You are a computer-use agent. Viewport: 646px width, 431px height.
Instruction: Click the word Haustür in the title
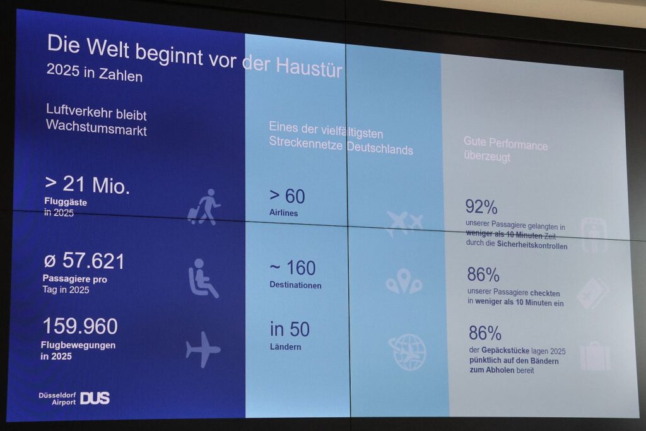click(309, 66)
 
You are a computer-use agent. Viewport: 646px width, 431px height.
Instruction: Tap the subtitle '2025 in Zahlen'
click(95, 73)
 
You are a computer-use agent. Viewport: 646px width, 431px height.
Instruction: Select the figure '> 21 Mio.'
click(87, 185)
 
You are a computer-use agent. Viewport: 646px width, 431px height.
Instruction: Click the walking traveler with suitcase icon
click(204, 207)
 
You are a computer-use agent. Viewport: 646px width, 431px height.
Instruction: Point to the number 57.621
click(93, 261)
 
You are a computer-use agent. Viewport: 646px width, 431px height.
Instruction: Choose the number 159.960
click(80, 326)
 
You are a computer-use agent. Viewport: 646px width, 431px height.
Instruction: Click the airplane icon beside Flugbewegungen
click(203, 350)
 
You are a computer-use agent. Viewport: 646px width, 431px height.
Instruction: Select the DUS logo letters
click(95, 398)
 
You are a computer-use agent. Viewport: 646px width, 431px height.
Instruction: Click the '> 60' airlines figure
click(287, 196)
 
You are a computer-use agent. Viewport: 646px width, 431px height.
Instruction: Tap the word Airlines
click(283, 213)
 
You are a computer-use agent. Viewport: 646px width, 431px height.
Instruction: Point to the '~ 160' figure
click(293, 268)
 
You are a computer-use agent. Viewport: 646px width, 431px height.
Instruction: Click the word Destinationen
click(295, 285)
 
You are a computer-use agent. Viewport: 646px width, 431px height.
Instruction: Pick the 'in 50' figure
click(290, 329)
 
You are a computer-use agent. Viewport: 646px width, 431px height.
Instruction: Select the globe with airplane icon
click(408, 352)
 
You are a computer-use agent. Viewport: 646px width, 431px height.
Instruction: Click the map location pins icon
click(404, 282)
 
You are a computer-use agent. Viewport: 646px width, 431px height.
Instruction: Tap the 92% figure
click(481, 207)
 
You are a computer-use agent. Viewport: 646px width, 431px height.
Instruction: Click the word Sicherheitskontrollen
click(532, 245)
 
